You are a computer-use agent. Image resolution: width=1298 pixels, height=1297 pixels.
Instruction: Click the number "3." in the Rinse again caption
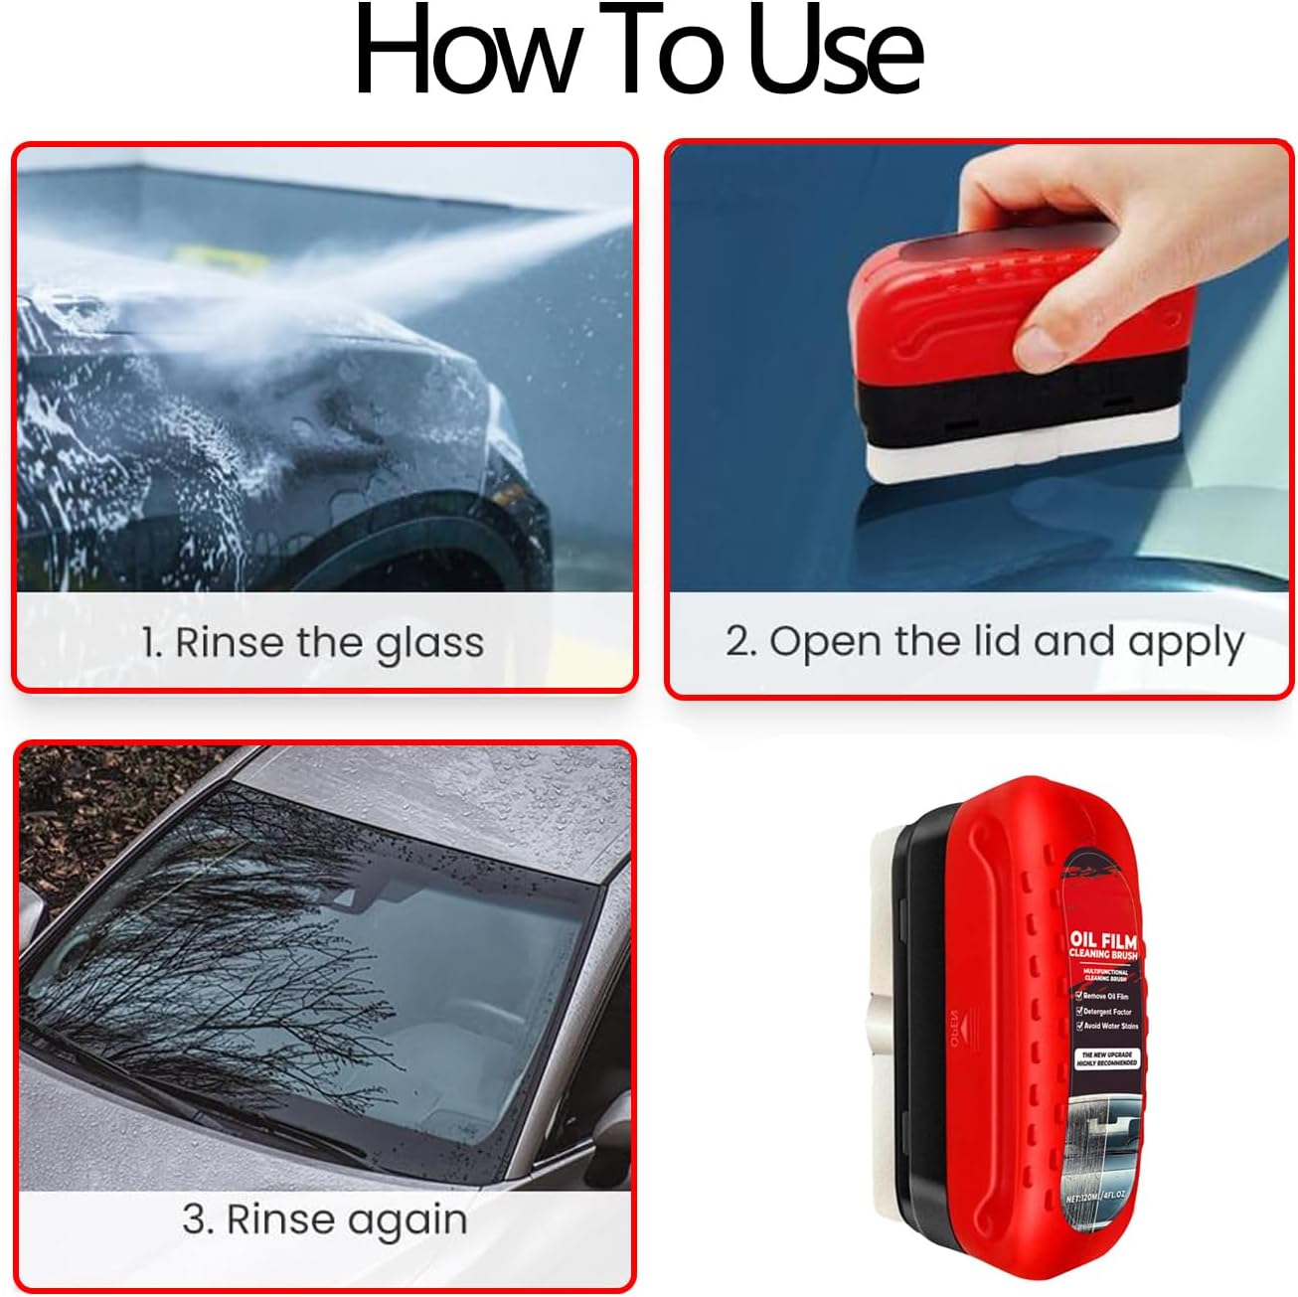click(198, 1219)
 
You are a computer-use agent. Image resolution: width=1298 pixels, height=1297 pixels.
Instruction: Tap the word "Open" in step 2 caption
click(825, 643)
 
